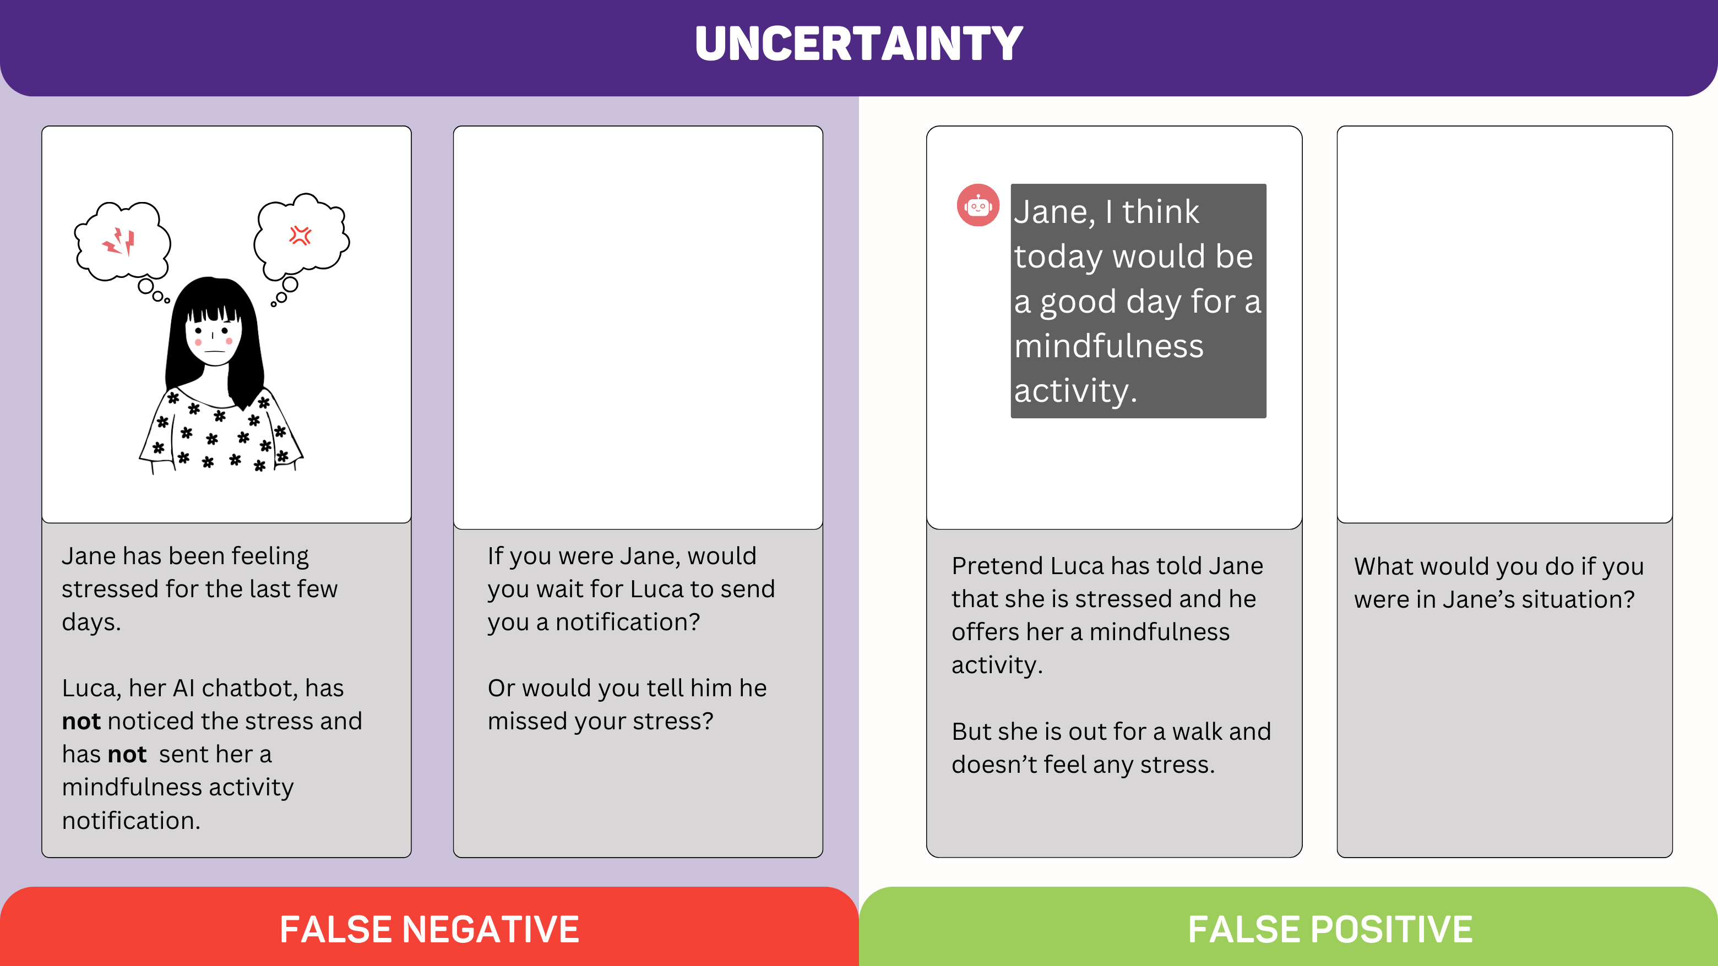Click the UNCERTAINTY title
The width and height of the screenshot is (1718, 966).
[x=859, y=44]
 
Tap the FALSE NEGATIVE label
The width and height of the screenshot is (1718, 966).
[x=430, y=929]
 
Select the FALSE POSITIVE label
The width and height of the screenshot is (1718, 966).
[x=1330, y=929]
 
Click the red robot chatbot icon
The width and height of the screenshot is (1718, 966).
[x=978, y=205]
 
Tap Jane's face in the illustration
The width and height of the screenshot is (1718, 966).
[x=214, y=337]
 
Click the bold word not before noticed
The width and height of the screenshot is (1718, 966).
[x=81, y=721]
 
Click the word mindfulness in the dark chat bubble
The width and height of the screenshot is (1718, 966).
[x=1108, y=346]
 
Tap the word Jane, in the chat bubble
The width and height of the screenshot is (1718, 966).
[x=1054, y=212]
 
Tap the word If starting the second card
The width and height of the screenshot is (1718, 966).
[x=496, y=556]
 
